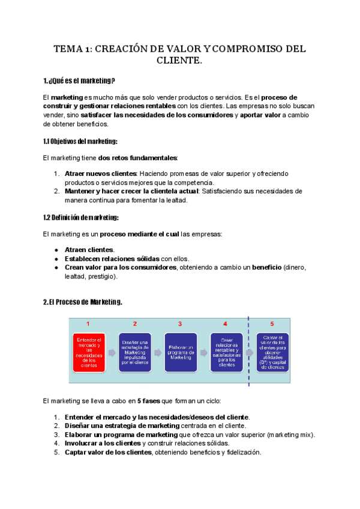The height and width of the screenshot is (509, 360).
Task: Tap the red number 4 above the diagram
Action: (x=225, y=324)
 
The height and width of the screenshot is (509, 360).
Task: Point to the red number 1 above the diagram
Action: (x=88, y=324)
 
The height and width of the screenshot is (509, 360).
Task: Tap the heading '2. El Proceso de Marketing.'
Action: (x=83, y=302)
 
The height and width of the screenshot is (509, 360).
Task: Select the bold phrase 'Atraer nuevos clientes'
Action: (x=98, y=173)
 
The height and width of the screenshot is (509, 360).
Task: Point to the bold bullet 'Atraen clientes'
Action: (x=89, y=249)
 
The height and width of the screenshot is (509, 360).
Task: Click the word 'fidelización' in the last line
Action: (x=241, y=453)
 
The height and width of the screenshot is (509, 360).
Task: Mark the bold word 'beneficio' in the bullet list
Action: (x=266, y=267)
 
